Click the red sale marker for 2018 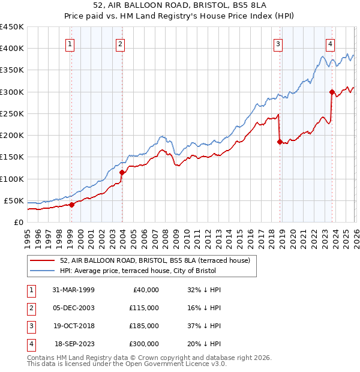pos(280,142)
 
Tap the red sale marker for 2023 pos(332,92)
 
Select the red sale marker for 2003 pos(122,172)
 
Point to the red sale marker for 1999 pos(71,205)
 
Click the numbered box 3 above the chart pos(278,43)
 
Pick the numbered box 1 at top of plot pos(70,43)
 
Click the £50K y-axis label pos(14,200)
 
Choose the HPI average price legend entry pos(141,271)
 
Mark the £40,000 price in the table pos(145,290)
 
